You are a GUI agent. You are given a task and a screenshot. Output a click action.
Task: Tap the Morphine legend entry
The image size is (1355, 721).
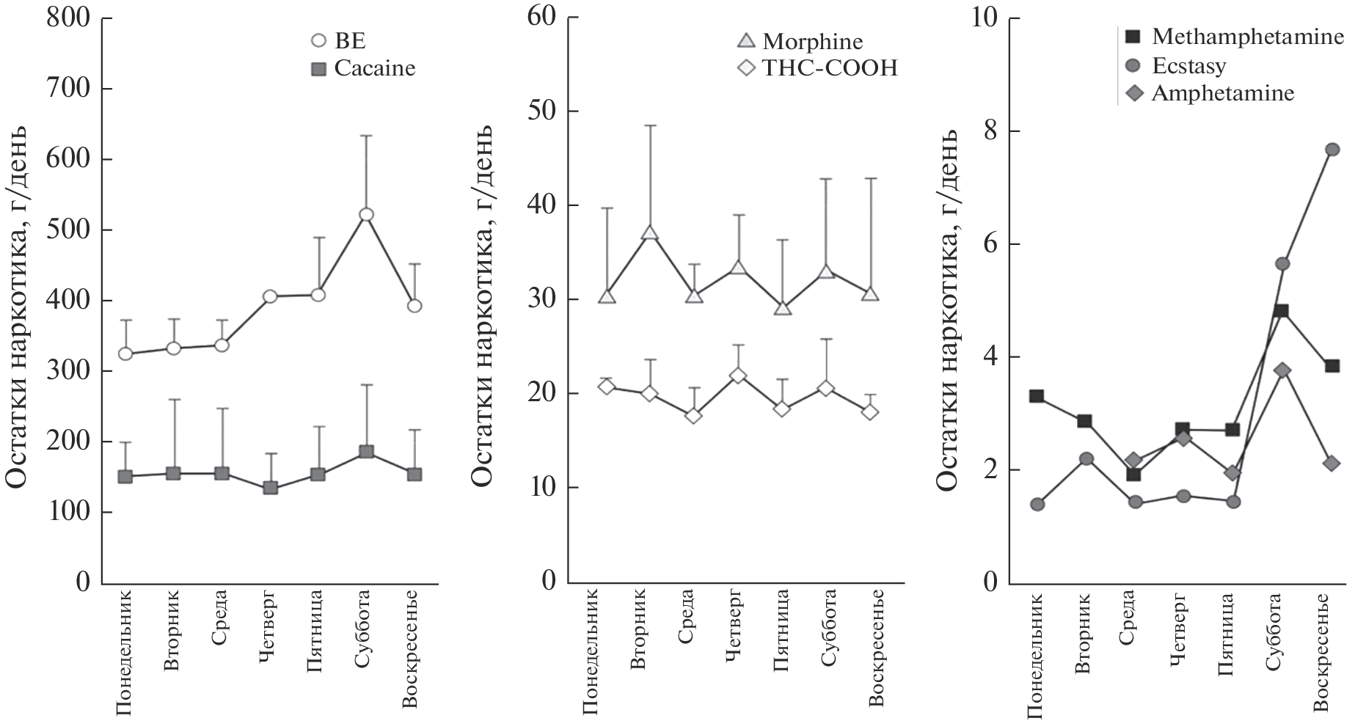pos(800,41)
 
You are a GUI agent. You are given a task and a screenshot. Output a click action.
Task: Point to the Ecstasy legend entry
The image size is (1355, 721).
pos(1178,65)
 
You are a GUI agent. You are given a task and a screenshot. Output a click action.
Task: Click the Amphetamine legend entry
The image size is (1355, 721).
pos(1210,93)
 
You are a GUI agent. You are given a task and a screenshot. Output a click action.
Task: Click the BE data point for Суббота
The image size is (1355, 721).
pos(366,214)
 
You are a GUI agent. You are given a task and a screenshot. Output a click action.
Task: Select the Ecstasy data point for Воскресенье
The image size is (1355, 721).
pos(1332,150)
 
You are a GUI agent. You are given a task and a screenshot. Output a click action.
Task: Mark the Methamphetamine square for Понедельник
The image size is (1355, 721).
pos(1037,396)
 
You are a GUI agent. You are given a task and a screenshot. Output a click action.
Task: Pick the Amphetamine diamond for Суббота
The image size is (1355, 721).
pos(1282,370)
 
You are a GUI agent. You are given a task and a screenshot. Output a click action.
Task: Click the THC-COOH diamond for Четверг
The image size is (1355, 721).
pos(738,376)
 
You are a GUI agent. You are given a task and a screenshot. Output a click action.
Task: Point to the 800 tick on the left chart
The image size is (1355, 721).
pos(70,18)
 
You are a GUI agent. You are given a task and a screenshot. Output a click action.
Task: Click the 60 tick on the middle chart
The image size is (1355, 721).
pos(544,18)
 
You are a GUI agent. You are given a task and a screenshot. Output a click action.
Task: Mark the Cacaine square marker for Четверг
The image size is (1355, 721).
pos(270,488)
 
